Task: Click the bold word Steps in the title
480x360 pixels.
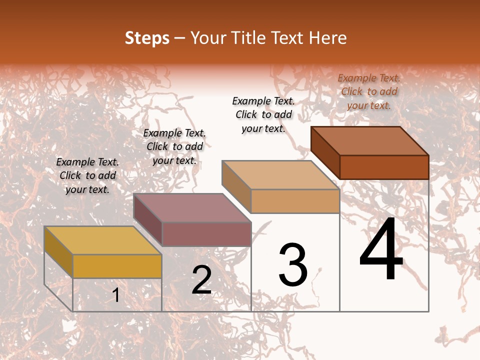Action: pos(147,38)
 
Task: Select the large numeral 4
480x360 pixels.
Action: pos(381,250)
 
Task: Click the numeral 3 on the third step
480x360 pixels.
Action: pos(293,265)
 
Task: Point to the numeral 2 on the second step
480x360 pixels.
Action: pos(201,280)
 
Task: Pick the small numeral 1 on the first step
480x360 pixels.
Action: pos(116,295)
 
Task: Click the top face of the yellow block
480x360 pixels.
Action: pos(103,240)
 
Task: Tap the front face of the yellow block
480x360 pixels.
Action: pos(117,266)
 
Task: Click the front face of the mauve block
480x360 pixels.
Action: pos(206,234)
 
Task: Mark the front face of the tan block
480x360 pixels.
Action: pos(295,201)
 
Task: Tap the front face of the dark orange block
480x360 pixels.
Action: pos(384,167)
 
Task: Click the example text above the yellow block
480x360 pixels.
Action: pos(87,175)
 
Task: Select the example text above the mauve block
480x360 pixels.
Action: pos(174,146)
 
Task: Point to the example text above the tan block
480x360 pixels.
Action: pos(263,114)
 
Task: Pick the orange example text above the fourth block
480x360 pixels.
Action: pos(369,91)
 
